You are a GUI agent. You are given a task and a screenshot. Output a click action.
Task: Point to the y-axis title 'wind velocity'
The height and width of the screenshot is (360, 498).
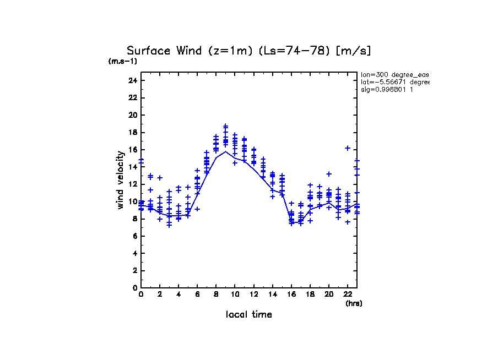click(120, 179)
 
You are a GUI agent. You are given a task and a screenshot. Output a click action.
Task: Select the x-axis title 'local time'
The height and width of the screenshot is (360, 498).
click(248, 314)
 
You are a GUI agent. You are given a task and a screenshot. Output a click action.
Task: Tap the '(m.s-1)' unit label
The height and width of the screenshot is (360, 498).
click(123, 61)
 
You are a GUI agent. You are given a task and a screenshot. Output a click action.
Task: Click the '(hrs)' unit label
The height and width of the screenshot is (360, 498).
click(354, 303)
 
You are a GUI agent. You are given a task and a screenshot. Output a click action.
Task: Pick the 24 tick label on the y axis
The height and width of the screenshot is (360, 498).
click(132, 80)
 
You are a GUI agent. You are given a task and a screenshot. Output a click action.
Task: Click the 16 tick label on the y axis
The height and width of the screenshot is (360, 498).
click(132, 150)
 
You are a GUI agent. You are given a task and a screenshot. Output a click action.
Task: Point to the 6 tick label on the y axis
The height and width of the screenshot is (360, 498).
click(134, 236)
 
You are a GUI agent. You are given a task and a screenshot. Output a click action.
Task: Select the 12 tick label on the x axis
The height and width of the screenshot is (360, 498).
click(253, 294)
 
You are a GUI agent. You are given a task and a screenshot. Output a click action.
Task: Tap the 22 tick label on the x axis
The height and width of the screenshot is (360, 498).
click(348, 294)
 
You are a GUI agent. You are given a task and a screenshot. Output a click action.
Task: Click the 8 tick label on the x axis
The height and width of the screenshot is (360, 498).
click(216, 294)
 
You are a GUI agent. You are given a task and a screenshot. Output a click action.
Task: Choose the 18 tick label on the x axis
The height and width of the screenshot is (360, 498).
click(310, 294)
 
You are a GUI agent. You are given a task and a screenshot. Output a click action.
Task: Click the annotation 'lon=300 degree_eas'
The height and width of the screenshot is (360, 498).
click(394, 74)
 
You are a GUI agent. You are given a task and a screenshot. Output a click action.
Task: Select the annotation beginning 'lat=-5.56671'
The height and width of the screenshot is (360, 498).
click(394, 81)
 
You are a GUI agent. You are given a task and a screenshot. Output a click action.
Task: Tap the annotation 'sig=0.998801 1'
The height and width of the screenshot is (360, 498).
click(387, 89)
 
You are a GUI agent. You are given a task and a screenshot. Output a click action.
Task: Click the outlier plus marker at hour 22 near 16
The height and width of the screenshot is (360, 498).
click(348, 148)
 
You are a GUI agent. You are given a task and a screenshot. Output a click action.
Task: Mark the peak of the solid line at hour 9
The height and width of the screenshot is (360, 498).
click(225, 151)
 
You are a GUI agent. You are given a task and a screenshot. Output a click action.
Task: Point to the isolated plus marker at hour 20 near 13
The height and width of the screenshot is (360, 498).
click(329, 174)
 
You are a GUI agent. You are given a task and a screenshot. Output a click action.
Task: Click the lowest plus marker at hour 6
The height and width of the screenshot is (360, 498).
click(197, 209)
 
